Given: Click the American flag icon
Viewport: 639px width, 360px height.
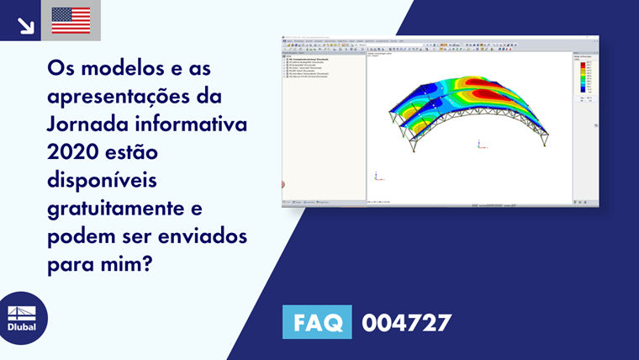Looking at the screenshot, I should [x=71, y=20].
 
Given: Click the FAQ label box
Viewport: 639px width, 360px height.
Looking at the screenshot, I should [x=318, y=322].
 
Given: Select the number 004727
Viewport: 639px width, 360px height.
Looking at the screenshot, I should [x=406, y=322].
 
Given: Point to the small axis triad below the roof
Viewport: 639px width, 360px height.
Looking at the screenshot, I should [x=479, y=144].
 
